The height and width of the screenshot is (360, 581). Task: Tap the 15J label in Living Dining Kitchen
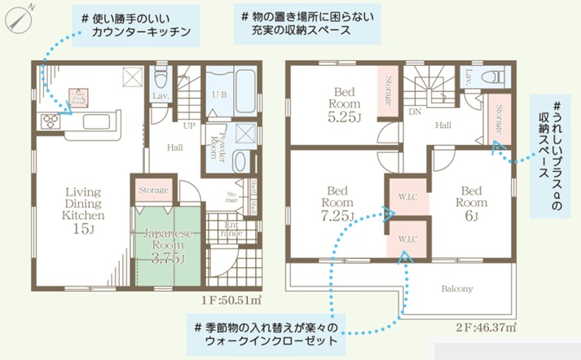coord(84,230)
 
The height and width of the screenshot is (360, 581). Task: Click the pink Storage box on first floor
coord(153,190)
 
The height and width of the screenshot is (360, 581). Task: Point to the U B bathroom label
coord(219,94)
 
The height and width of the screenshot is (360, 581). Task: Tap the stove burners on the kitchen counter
coord(50,122)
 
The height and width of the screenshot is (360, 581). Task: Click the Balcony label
coord(457,288)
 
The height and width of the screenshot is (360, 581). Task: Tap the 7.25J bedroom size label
coord(337,216)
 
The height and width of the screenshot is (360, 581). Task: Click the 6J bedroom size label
coord(470,215)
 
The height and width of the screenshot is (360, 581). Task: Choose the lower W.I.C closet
coord(407,239)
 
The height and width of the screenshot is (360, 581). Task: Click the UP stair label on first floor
coord(188,127)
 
